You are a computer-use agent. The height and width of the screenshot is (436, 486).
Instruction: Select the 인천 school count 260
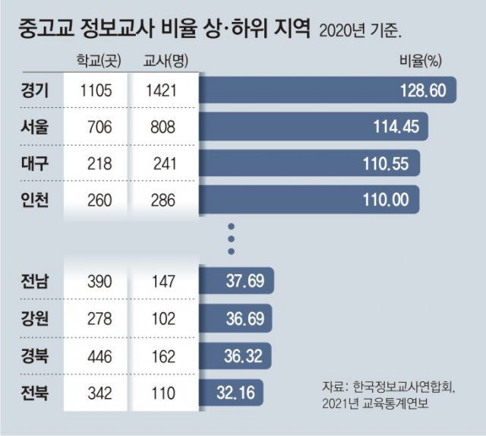pyautogui.click(x=96, y=201)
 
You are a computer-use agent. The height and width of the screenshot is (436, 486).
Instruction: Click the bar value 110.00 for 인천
pyautogui.click(x=387, y=201)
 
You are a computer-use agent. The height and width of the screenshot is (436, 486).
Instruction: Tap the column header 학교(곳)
pyautogui.click(x=95, y=61)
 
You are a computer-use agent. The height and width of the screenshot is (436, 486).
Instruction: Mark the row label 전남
pyautogui.click(x=35, y=282)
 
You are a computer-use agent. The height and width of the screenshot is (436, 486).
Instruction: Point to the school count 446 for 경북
pyautogui.click(x=96, y=355)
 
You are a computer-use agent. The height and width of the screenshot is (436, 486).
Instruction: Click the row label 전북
pyautogui.click(x=35, y=392)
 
